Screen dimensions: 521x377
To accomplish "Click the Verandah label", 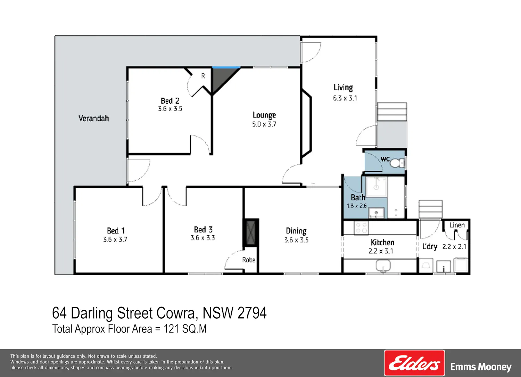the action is (x=93, y=118).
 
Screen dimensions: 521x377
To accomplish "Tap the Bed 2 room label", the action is (x=170, y=101).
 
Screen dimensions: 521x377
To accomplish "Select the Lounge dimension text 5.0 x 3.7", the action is (x=264, y=124).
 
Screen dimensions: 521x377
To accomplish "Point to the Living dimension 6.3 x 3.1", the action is (x=345, y=98).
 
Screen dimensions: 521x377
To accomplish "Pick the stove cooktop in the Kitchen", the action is (x=361, y=228).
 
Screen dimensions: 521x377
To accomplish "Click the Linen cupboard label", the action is (x=457, y=225).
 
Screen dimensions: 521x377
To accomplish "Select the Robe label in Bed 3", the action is (x=249, y=260).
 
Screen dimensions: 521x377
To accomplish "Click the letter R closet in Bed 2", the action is (x=203, y=76).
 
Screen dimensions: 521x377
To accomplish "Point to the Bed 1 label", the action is (x=116, y=231).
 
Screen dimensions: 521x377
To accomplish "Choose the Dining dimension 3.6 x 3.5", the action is (x=296, y=240).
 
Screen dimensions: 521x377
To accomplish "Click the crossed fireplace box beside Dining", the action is (x=251, y=233).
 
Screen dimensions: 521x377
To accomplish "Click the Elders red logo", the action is (x=414, y=363).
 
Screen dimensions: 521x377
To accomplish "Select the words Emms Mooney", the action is (x=481, y=367).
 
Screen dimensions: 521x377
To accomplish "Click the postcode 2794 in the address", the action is (x=252, y=313).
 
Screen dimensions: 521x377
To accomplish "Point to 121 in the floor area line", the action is (x=172, y=329).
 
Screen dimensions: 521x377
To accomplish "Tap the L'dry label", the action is (x=430, y=246).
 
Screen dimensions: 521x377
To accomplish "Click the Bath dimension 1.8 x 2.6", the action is (x=357, y=206).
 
